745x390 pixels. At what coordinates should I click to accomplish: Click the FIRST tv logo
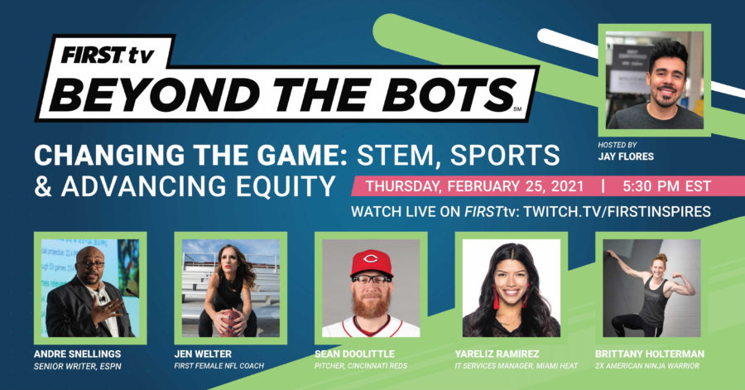pyautogui.click(x=108, y=55)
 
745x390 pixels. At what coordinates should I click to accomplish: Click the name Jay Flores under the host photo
pyautogui.click(x=626, y=156)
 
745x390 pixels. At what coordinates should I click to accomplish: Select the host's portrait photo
pyautogui.click(x=654, y=80)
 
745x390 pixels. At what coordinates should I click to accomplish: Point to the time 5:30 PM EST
pyautogui.click(x=666, y=186)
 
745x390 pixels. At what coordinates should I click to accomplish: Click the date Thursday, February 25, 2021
pyautogui.click(x=474, y=186)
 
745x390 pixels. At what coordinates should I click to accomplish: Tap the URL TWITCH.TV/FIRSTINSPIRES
pyautogui.click(x=618, y=211)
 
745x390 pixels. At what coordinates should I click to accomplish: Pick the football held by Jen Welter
pyautogui.click(x=230, y=323)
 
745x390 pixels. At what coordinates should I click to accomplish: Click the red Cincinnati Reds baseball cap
pyautogui.click(x=372, y=263)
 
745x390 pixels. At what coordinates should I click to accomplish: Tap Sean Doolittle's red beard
pyautogui.click(x=371, y=303)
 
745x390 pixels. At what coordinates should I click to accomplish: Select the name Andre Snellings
pyautogui.click(x=78, y=354)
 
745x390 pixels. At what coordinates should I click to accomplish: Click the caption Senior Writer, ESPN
pyautogui.click(x=78, y=366)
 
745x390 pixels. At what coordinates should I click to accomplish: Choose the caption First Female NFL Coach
pyautogui.click(x=219, y=366)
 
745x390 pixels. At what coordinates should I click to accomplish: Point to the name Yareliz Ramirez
pyautogui.click(x=497, y=354)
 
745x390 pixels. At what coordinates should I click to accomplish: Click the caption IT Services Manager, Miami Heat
pyautogui.click(x=516, y=366)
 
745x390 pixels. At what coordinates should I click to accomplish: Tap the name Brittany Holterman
pyautogui.click(x=650, y=354)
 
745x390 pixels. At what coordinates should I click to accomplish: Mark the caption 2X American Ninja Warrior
pyautogui.click(x=647, y=366)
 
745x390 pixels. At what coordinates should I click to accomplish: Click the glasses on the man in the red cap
pyautogui.click(x=372, y=279)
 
